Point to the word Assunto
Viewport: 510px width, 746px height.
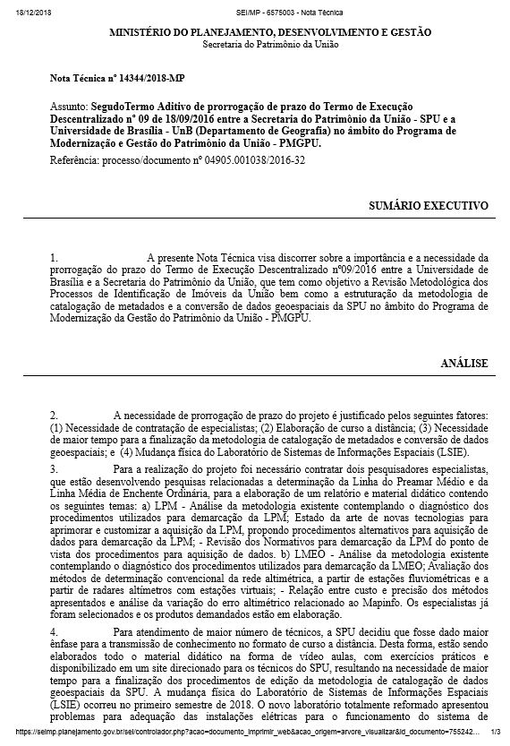[69, 106]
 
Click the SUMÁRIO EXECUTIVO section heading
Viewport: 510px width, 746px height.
[429, 206]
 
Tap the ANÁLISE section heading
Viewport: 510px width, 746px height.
[463, 363]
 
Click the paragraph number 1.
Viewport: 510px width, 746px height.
[55, 257]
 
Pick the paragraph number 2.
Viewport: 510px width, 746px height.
[55, 415]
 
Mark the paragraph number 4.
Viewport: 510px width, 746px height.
[55, 633]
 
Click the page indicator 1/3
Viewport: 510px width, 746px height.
[493, 731]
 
